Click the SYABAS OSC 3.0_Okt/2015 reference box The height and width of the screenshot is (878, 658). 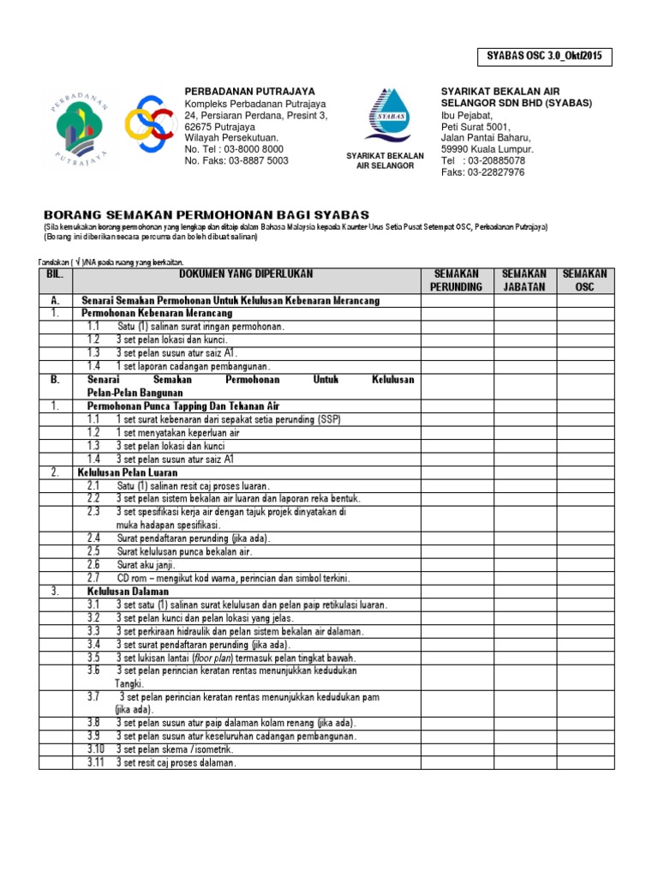545,57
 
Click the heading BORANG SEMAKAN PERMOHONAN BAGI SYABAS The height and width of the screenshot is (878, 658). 206,213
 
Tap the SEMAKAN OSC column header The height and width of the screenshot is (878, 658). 585,280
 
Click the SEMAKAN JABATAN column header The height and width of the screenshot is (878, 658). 523,280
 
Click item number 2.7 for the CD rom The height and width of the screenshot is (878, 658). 93,578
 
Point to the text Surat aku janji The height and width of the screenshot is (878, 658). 146,565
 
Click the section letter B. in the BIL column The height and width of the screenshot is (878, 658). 55,379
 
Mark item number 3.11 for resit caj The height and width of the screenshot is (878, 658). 95,762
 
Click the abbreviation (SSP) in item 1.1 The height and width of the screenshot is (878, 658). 329,419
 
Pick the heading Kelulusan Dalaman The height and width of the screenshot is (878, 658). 128,592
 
